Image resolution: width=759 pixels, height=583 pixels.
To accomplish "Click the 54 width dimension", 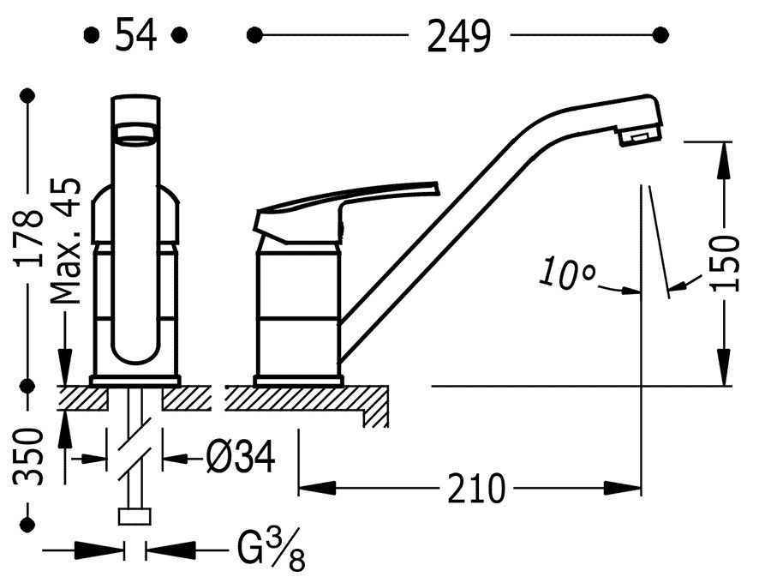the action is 136,34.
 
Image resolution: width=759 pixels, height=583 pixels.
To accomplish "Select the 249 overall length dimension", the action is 459,35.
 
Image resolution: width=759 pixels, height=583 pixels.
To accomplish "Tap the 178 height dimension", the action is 28,238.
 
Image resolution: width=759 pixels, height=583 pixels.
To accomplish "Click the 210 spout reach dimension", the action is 476,489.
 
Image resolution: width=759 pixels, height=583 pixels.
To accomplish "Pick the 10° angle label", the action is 567,273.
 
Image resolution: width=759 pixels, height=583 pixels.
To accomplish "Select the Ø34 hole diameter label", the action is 241,456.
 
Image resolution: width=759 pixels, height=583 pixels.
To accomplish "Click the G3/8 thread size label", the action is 271,550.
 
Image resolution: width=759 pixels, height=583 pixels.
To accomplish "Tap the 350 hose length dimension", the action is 28,456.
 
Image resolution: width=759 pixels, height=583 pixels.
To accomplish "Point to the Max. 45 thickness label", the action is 65,241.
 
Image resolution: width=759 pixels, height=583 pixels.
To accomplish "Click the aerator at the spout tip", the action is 638,135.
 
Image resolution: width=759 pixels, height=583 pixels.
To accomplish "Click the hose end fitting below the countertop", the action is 134,517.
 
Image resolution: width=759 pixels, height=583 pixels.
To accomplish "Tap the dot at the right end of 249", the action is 660,35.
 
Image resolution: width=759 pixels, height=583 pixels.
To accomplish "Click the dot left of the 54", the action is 92,35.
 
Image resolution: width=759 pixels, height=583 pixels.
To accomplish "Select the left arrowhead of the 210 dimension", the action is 318,488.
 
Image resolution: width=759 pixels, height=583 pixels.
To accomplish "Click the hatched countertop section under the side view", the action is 307,400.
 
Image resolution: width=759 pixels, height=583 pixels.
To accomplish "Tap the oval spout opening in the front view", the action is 135,134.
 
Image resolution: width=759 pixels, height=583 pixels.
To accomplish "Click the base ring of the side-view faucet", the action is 299,381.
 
